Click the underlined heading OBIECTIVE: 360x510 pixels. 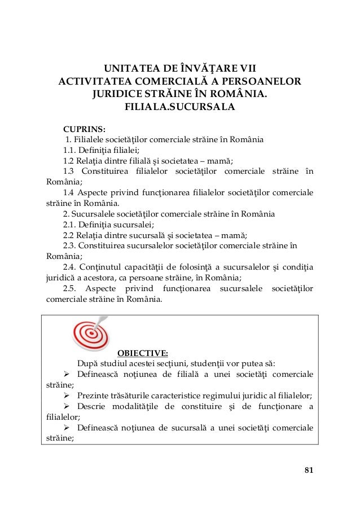click(x=142, y=353)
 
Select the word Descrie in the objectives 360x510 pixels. click(x=92, y=406)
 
